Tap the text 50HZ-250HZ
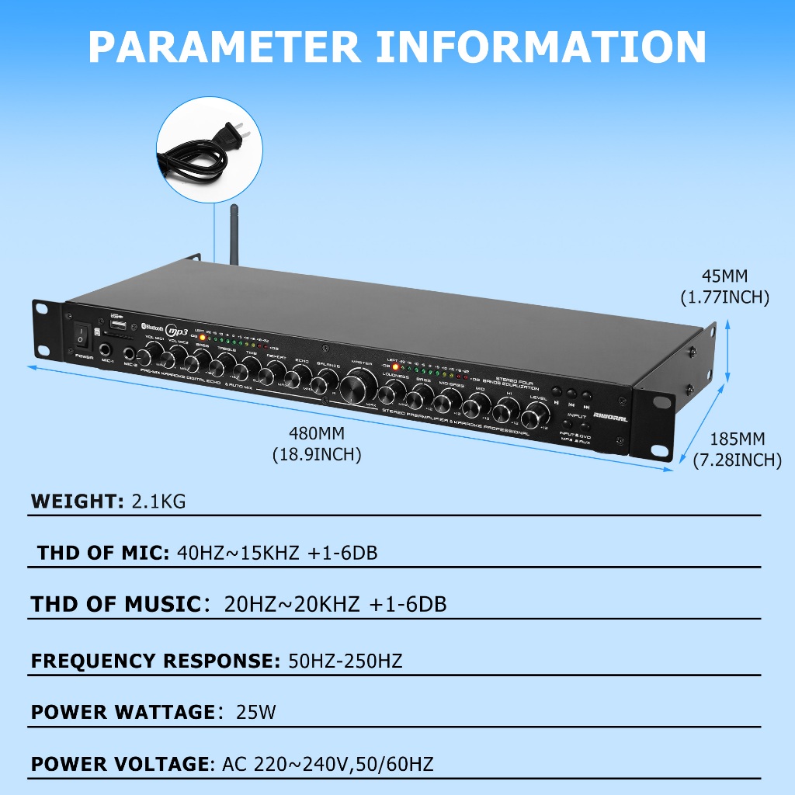click(345, 661)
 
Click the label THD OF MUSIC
click(116, 604)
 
